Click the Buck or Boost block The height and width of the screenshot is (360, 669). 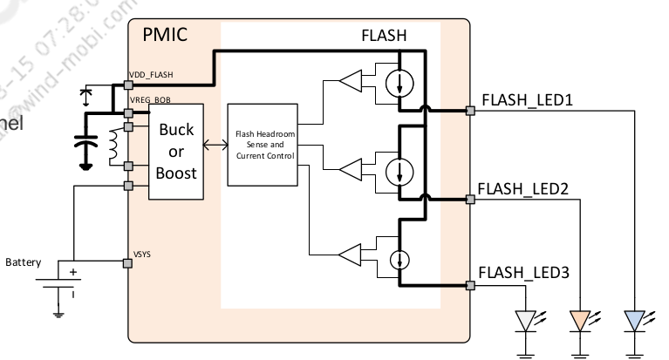175,151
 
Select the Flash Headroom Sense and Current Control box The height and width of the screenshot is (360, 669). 262,144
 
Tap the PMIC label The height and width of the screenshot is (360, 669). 165,37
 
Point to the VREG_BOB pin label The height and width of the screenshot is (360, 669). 152,101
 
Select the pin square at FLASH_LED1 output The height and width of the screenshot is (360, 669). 470,110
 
